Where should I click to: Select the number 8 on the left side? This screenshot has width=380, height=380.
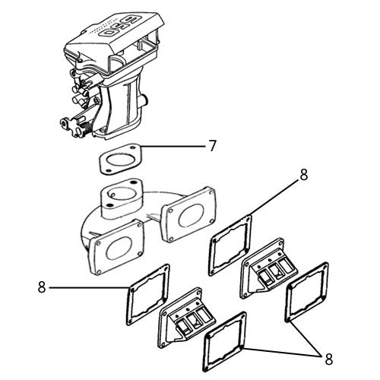[x=42, y=287]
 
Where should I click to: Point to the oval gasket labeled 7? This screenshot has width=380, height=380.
[x=120, y=160]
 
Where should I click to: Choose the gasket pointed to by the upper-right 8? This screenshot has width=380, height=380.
[x=231, y=244]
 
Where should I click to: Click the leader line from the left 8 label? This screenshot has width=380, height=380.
[x=87, y=287]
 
